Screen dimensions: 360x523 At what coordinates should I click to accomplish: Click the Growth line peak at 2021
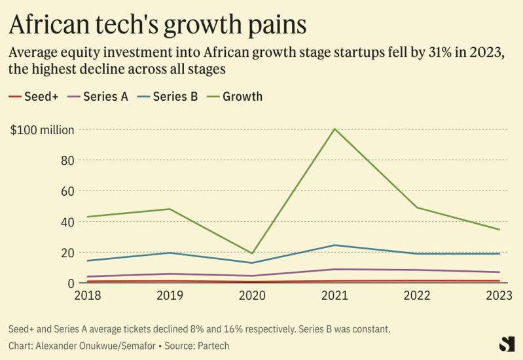pos(334,129)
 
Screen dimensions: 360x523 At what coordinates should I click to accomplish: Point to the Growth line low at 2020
pos(252,253)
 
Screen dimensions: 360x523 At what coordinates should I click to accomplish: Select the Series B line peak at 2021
pos(334,245)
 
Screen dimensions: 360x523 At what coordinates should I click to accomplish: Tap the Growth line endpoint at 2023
pos(499,229)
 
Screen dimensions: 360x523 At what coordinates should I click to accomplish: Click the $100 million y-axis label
pos(42,130)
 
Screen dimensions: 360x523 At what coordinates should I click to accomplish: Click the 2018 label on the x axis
pos(87,296)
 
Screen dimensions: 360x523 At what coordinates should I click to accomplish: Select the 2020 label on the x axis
pos(252,296)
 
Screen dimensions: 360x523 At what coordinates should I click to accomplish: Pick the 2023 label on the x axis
pos(499,296)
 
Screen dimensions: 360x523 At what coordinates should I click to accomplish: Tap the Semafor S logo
pos(507,344)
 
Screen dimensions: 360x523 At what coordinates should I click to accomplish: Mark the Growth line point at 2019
pos(170,209)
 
